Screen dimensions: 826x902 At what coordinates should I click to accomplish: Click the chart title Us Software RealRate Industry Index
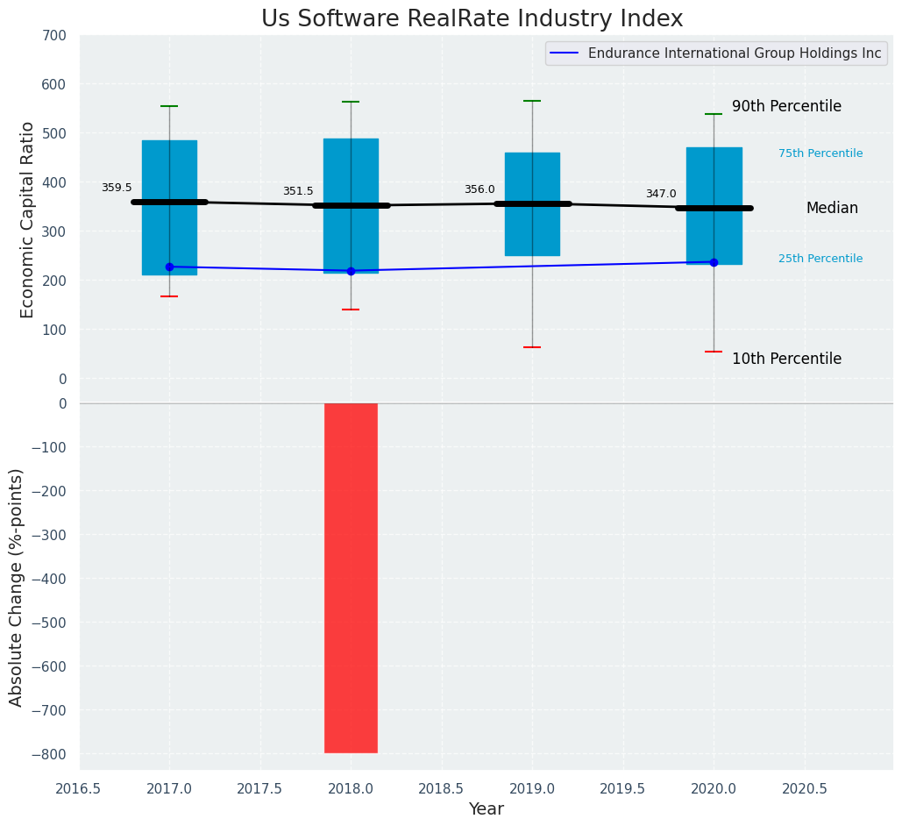[x=472, y=19]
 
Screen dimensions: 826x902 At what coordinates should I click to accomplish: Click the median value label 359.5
[x=117, y=188]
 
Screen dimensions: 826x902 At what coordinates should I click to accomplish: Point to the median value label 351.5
[x=298, y=191]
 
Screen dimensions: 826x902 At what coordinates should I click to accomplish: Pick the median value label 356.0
[x=479, y=189]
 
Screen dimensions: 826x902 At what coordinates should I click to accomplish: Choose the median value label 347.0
[x=661, y=194]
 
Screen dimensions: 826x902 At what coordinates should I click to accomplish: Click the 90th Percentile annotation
[x=786, y=106]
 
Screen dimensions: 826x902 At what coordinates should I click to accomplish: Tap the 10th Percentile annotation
[x=786, y=359]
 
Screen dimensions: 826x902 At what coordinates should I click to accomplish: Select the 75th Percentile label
[x=820, y=153]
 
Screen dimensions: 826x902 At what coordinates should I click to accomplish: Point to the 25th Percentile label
[x=820, y=259]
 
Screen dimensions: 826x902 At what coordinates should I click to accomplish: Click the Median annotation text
[x=832, y=208]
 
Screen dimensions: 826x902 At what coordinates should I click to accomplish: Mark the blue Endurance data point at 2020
[x=714, y=262]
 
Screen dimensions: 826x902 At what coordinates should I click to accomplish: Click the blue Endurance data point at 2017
[x=169, y=267]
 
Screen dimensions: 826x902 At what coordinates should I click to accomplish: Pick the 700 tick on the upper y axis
[x=53, y=36]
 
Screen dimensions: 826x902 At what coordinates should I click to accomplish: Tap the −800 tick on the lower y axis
[x=49, y=754]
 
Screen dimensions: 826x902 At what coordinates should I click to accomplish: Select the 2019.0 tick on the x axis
[x=532, y=788]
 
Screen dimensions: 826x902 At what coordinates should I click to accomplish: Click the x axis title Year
[x=486, y=809]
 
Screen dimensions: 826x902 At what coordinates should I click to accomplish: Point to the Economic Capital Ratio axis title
[x=27, y=219]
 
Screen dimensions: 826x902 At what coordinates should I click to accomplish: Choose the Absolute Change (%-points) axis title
[x=17, y=587]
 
